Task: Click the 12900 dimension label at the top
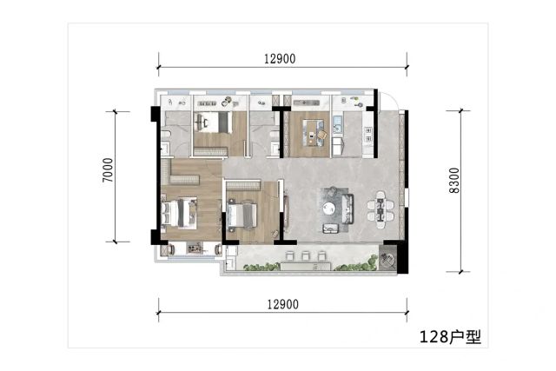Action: (280, 59)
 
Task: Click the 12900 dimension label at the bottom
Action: (282, 304)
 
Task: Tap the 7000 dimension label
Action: (108, 170)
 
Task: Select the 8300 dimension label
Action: (454, 181)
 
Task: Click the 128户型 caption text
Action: (450, 336)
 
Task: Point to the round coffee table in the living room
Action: (330, 208)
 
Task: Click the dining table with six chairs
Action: (381, 206)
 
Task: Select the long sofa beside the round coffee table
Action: (347, 209)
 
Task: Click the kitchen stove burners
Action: (368, 135)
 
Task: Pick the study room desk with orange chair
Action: (314, 133)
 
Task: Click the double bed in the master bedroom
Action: (179, 213)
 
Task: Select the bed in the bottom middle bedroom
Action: (242, 214)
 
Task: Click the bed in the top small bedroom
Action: (213, 123)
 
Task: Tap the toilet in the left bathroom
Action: (166, 135)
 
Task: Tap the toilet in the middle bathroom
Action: (275, 135)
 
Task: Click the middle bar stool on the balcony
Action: (306, 255)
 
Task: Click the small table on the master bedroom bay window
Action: (194, 248)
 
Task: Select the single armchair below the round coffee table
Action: (331, 228)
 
